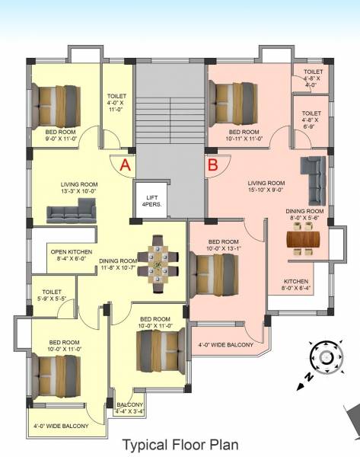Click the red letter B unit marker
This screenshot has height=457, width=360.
tap(213, 164)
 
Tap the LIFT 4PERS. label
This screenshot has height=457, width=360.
tap(151, 201)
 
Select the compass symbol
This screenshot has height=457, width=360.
tap(326, 357)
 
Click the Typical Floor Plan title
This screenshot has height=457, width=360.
tap(180, 444)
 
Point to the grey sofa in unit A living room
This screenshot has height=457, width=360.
tap(71, 216)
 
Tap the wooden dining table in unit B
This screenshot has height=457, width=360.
tap(304, 240)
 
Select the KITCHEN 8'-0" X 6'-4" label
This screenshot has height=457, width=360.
tap(295, 284)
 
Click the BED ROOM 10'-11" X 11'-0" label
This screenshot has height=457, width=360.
tap(243, 136)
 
